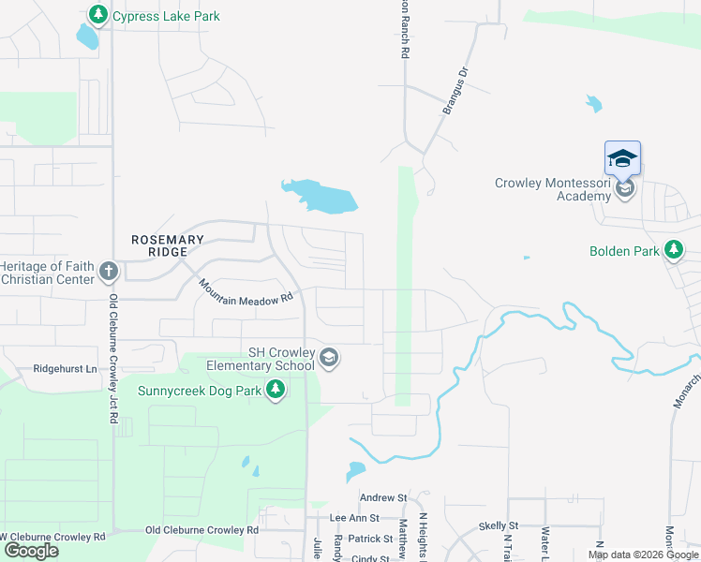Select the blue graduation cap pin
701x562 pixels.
point(622,158)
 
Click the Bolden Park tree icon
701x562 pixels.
point(673,250)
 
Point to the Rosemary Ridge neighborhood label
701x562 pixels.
point(167,246)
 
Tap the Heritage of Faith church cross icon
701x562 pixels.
point(108,273)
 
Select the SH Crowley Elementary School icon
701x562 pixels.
point(329,357)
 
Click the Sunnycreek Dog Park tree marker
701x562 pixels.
point(275,390)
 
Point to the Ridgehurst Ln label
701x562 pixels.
point(65,369)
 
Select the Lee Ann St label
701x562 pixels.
point(354,517)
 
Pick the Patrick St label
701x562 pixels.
point(369,539)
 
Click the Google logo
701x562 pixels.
point(31,551)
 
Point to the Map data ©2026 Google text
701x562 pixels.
point(643,555)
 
